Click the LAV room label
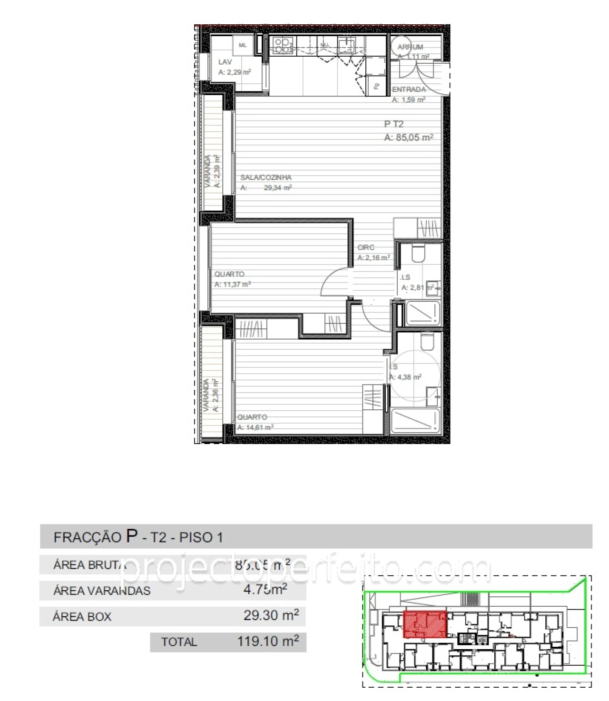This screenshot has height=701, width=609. (x=225, y=62)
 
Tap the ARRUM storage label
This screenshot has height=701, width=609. (x=410, y=47)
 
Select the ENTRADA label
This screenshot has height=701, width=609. (x=409, y=89)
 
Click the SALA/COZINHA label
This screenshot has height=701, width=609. (x=265, y=178)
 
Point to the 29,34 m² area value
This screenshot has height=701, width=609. (x=277, y=188)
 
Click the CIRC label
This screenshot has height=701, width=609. (x=366, y=247)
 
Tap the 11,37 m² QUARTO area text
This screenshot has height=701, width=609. (x=233, y=285)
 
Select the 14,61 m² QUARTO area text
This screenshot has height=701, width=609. (x=255, y=427)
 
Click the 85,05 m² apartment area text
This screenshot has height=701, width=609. (x=409, y=138)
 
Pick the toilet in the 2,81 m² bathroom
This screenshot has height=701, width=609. (x=419, y=254)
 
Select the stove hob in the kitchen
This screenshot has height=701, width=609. (x=283, y=45)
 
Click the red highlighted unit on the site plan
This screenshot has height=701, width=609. (x=425, y=624)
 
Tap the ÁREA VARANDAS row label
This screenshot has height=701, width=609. (x=102, y=591)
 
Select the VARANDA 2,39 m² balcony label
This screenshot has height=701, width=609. (x=212, y=171)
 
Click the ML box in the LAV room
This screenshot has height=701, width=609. (x=243, y=46)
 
